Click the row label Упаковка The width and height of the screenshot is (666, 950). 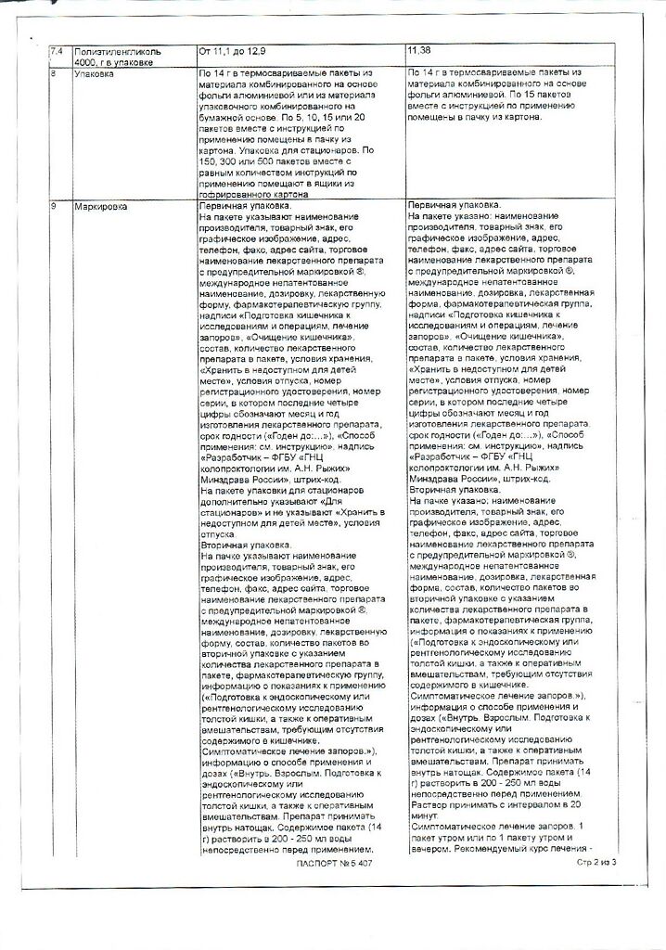(95, 72)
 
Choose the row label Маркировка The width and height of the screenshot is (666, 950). (100, 206)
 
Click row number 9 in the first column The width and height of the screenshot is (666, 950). (53, 206)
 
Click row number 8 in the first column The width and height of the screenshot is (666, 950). (53, 72)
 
